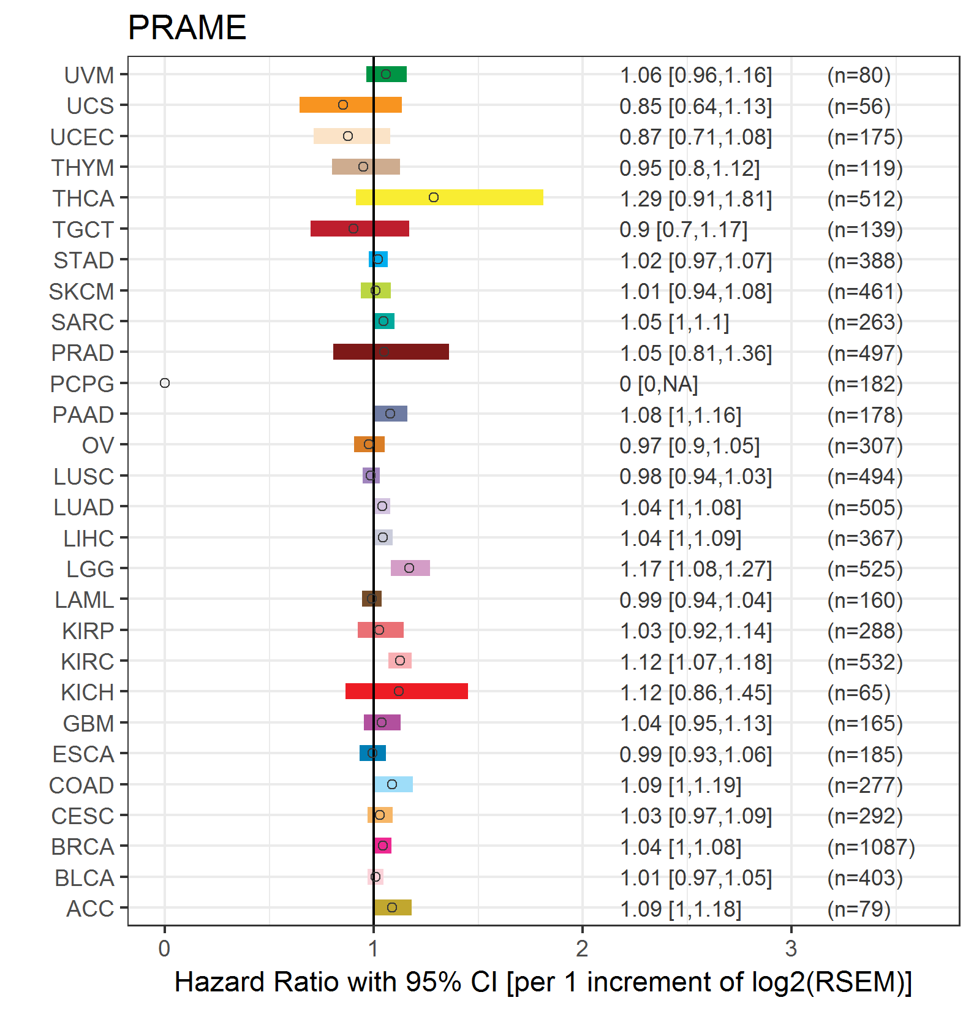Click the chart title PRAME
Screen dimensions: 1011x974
tap(187, 28)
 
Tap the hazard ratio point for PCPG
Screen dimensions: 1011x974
tap(164, 383)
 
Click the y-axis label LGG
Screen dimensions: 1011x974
tap(90, 569)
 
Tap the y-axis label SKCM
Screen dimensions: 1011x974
tap(81, 292)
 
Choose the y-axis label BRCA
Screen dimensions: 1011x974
tap(83, 847)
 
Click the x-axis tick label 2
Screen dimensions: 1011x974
tap(582, 949)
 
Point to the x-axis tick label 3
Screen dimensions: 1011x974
tap(791, 949)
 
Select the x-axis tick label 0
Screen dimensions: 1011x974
tap(164, 949)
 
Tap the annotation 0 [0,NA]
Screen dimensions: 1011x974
tap(659, 384)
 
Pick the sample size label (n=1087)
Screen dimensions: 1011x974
tap(870, 847)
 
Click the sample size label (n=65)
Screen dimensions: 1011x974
tap(858, 693)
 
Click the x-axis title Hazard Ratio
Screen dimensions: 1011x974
tap(543, 982)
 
